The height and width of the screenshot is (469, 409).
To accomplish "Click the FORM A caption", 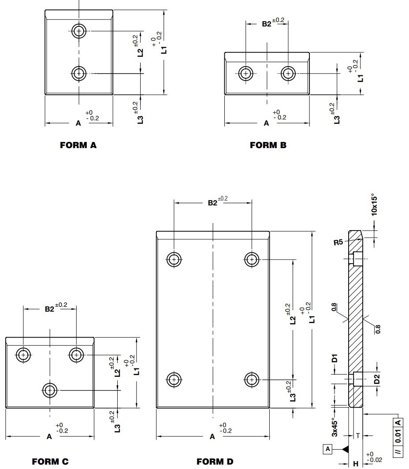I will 78,145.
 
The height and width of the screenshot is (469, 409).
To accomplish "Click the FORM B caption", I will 268,145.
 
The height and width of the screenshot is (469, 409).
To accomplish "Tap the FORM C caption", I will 50,462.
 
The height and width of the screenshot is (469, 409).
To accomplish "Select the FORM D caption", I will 215,462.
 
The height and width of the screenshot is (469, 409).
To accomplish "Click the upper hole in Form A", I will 79,31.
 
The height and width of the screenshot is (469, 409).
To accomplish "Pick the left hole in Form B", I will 245,73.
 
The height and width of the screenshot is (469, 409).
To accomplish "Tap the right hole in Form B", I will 288,73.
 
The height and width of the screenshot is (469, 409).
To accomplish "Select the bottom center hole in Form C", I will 50,390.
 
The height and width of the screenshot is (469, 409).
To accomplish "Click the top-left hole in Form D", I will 175,259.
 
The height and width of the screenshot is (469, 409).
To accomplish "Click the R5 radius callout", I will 338,242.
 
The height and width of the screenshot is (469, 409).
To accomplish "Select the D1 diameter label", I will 335,358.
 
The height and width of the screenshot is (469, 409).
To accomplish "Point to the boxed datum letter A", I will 327,449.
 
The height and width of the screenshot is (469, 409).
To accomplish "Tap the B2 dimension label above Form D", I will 212,203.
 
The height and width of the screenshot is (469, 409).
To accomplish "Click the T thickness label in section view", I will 357,435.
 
